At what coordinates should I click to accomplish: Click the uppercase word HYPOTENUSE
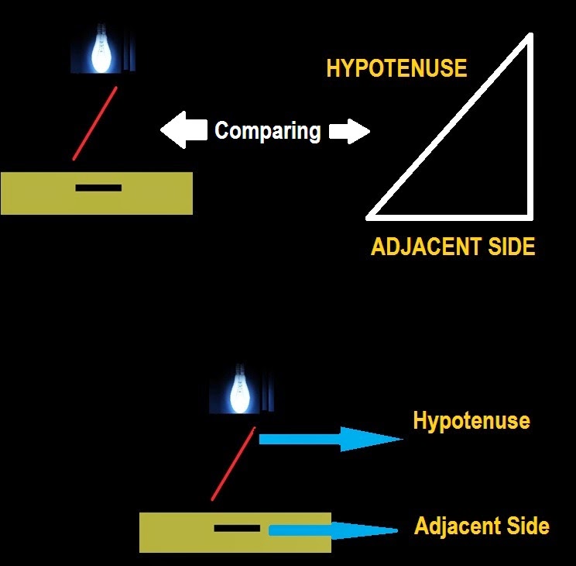pyautogui.click(x=396, y=68)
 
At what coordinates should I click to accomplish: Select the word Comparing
pyautogui.click(x=267, y=130)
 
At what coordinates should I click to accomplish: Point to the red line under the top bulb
pyautogui.click(x=95, y=123)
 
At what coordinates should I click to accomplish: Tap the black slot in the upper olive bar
pyautogui.click(x=98, y=188)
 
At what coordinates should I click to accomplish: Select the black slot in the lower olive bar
pyautogui.click(x=237, y=529)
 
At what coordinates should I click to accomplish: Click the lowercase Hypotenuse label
pyautogui.click(x=471, y=421)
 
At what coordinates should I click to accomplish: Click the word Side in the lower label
pyautogui.click(x=530, y=526)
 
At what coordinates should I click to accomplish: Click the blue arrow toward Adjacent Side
pyautogui.click(x=333, y=530)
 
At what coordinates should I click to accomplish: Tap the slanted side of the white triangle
pyautogui.click(x=449, y=126)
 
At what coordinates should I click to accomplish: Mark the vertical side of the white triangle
pyautogui.click(x=530, y=124)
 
